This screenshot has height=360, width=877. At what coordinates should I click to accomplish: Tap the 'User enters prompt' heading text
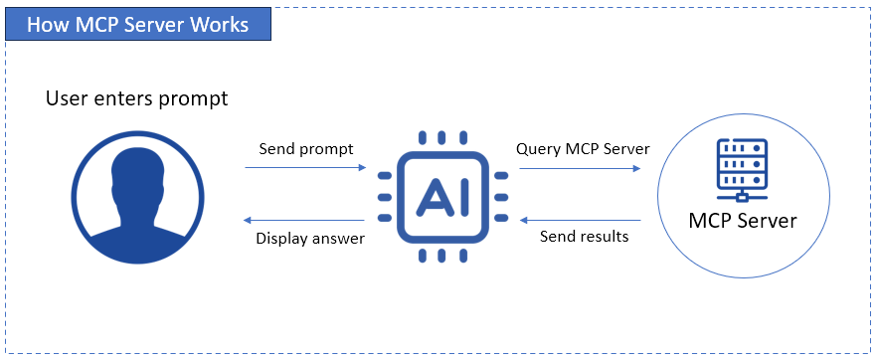[136, 98]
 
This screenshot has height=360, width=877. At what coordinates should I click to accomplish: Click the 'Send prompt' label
[306, 149]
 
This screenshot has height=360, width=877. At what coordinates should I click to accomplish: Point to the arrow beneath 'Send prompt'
[305, 168]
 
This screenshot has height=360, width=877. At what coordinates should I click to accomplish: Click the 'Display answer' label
[310, 239]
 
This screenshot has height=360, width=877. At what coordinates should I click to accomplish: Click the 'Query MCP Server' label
[583, 149]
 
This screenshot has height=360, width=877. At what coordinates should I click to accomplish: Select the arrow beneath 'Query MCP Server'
[579, 168]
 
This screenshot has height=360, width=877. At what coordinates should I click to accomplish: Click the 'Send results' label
[584, 237]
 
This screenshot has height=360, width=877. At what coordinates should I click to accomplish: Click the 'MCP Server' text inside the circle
[743, 220]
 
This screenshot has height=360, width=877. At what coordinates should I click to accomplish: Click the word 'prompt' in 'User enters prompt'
[192, 99]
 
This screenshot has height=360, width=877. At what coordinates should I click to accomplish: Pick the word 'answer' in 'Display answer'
[339, 239]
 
